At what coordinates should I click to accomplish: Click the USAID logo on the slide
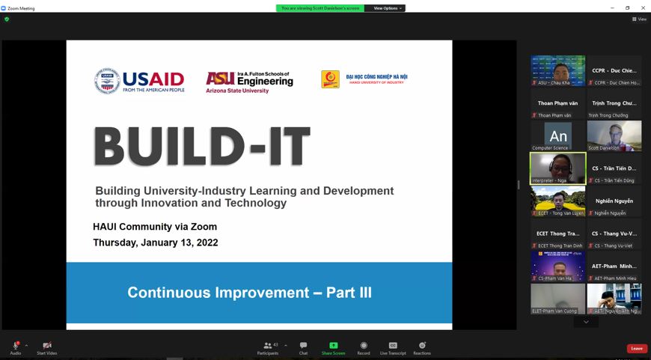(139, 80)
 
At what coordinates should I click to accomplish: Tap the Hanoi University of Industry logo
(364, 79)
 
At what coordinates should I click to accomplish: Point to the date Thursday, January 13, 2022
(156, 242)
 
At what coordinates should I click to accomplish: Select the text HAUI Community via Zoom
(155, 227)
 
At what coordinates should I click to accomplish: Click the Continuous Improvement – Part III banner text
(249, 293)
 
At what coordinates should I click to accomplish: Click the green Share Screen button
(333, 348)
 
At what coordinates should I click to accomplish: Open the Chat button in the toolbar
(303, 348)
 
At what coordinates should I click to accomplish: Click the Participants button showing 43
(268, 348)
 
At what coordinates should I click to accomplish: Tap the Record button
(364, 348)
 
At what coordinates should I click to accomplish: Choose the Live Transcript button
(393, 348)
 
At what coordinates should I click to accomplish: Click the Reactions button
(422, 348)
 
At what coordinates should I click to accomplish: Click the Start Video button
(46, 348)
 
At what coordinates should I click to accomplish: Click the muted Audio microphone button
(15, 348)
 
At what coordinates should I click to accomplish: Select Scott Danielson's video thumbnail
(614, 136)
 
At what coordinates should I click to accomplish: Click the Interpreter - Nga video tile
(557, 168)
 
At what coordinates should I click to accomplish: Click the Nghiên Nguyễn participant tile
(614, 201)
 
